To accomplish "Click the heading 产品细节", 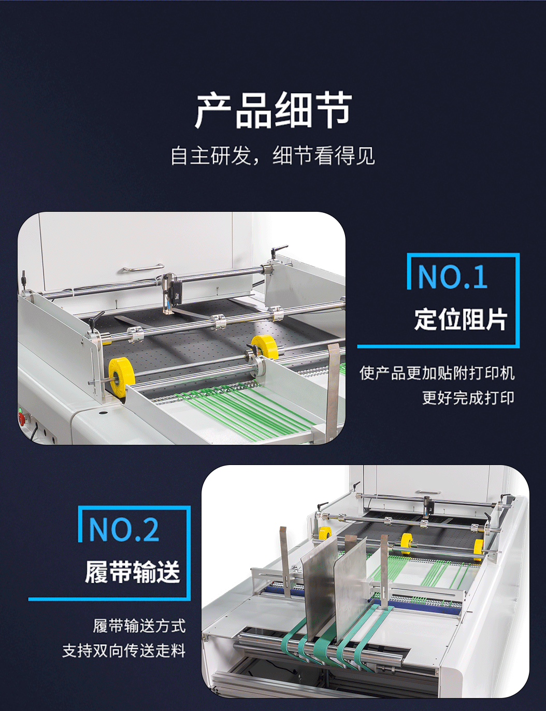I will (273, 110).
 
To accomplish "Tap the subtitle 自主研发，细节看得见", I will (272, 156).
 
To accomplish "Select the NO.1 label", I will (452, 277).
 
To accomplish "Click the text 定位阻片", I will (461, 319).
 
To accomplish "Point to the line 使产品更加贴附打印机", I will (437, 373).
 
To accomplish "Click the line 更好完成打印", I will (468, 398).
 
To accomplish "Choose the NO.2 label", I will (124, 530).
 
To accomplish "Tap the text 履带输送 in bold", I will (133, 572).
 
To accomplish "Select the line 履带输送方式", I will (139, 626).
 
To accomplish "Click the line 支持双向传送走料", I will (124, 650).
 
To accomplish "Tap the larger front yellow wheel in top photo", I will (122, 375).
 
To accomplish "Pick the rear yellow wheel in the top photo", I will (265, 346).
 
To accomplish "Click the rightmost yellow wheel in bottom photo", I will (478, 547).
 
